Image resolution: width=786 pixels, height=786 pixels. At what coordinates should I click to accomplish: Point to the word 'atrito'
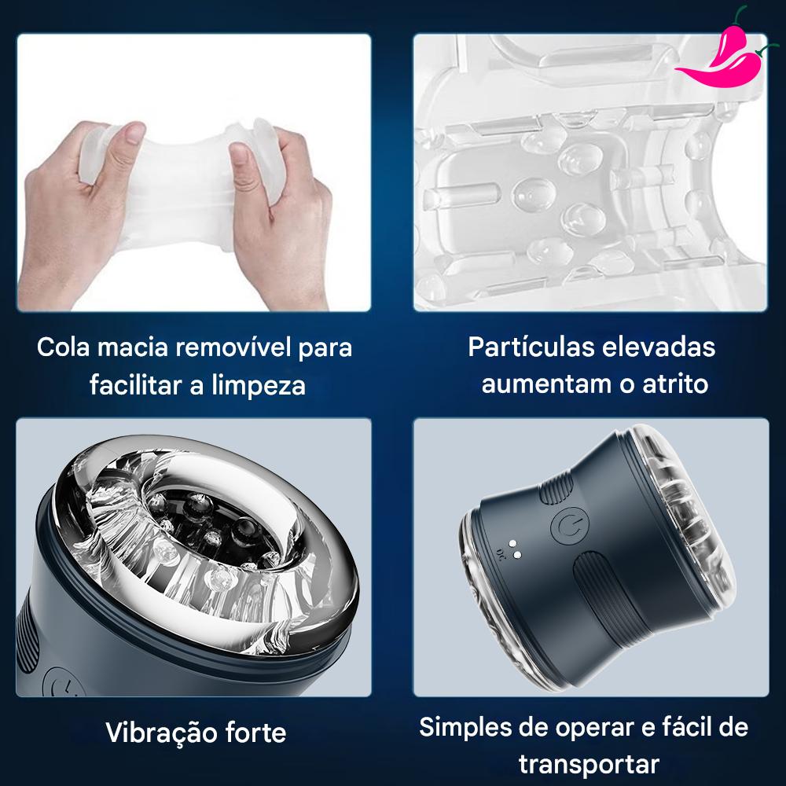675,384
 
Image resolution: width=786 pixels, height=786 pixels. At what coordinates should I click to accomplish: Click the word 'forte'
255,733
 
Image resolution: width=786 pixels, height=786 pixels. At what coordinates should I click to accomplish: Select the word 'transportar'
589,765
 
